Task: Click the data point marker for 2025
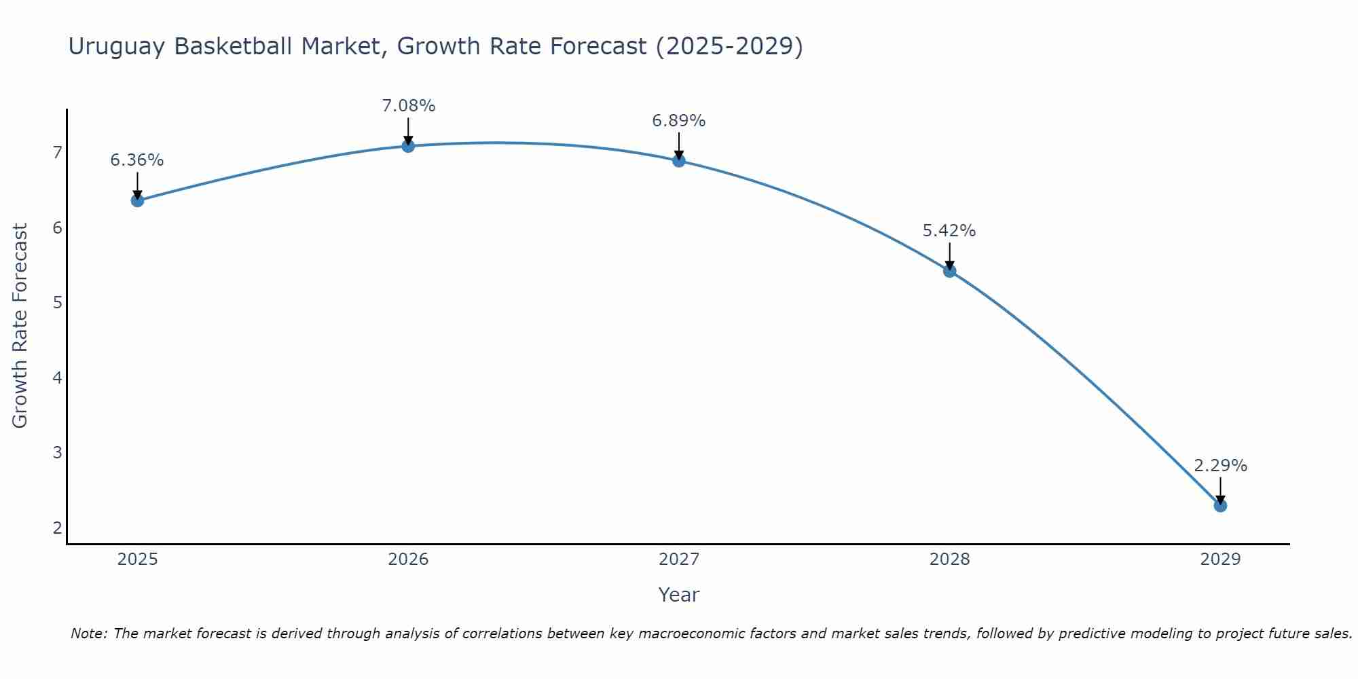coord(137,200)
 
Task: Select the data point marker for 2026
coord(408,146)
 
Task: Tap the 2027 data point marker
coord(679,161)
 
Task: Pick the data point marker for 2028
coord(949,271)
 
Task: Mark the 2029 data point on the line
coord(1220,506)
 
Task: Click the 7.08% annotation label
coord(408,106)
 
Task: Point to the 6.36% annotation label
coord(137,160)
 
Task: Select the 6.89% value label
coord(679,121)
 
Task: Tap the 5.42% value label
coord(949,231)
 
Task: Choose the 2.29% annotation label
coord(1220,466)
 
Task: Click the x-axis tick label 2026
coord(408,559)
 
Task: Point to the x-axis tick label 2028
coord(949,559)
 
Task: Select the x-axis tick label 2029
coord(1220,559)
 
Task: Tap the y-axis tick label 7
coord(57,152)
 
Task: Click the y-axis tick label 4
coord(57,378)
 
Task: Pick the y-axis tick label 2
coord(57,528)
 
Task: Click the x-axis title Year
coord(679,595)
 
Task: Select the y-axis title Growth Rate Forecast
coord(20,326)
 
